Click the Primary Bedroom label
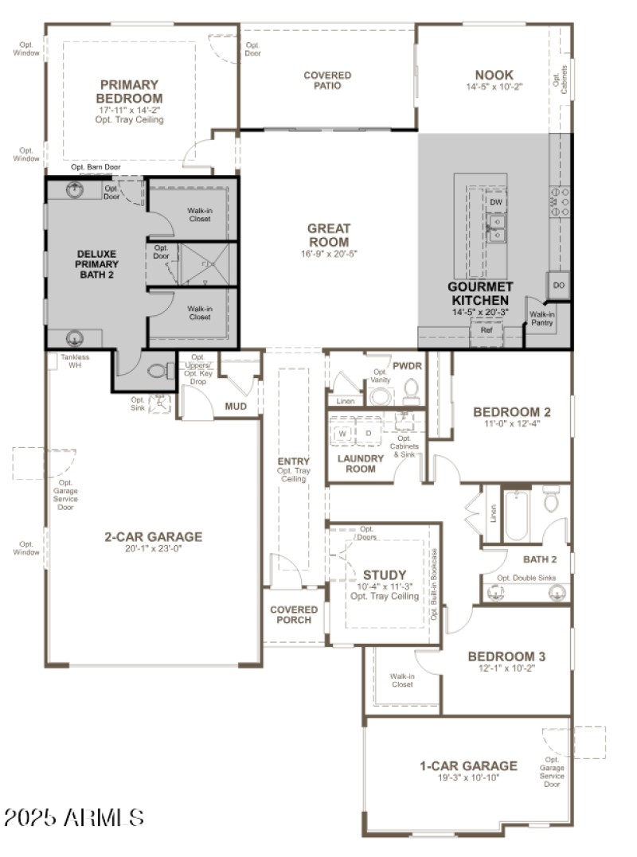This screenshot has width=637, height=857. tap(129, 91)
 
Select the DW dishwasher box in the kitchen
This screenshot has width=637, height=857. tap(496, 203)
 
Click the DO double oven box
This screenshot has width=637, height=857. tap(558, 285)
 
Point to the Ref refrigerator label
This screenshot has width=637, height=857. tap(486, 330)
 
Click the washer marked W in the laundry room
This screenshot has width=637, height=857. tap(342, 434)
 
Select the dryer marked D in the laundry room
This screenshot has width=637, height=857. tap(368, 434)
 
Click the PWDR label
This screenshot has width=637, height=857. tap(407, 365)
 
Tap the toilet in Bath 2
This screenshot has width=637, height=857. tap(552, 501)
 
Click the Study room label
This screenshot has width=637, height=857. tap(385, 575)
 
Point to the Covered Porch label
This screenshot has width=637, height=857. tap(293, 615)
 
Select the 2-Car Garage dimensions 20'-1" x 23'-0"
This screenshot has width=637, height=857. tap(154, 548)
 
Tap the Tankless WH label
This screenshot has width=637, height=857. tap(75, 361)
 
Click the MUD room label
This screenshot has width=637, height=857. tap(236, 407)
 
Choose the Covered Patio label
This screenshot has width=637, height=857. tap(327, 80)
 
